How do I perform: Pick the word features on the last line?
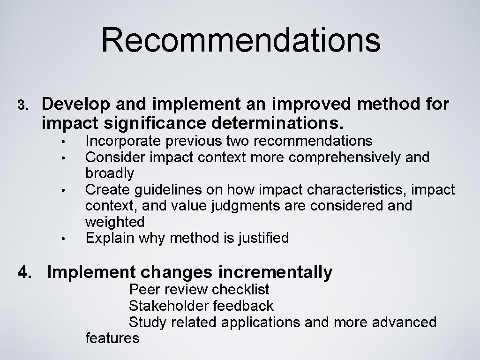(112, 338)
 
